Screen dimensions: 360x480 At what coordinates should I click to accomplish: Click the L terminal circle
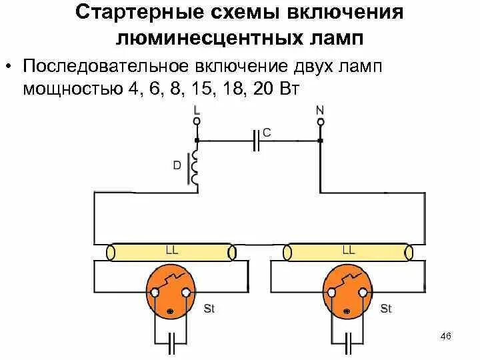coord(197,122)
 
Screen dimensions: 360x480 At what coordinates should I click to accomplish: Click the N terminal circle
coord(320,122)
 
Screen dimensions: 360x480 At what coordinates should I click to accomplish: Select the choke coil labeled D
coord(196,167)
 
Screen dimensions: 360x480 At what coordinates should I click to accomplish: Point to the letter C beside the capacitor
coord(267,133)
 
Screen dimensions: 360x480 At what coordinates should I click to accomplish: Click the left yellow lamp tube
coord(172,253)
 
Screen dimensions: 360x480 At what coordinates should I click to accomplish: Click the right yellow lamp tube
coord(347,253)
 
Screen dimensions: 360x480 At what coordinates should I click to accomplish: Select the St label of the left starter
coord(208,309)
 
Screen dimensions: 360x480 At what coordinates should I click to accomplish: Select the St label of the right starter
coord(385,309)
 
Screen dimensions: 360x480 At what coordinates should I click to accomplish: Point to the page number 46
coord(446,337)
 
